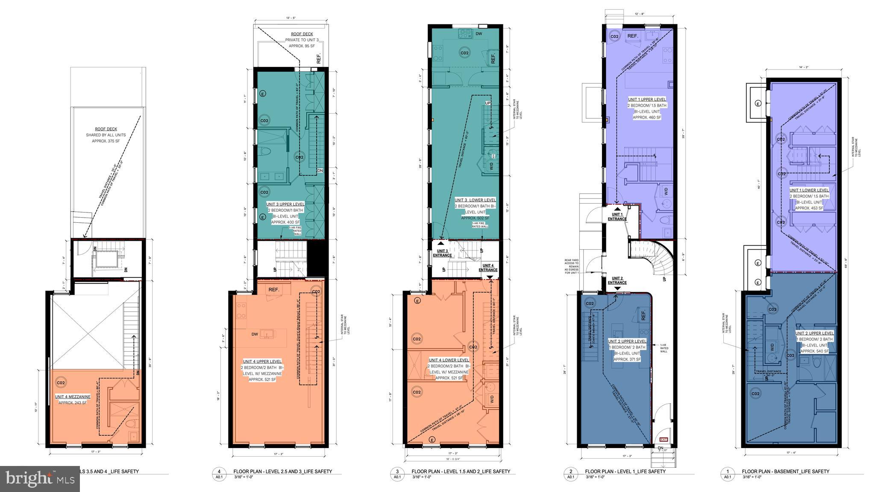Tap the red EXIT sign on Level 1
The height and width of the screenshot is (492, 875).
(x=664, y=439)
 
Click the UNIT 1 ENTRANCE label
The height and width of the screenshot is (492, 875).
(x=617, y=217)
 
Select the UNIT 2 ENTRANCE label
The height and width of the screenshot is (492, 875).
(x=617, y=280)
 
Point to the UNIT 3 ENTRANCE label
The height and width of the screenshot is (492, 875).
(x=442, y=253)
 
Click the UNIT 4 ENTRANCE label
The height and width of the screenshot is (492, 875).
(x=487, y=268)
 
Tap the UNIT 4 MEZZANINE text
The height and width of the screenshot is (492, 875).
(x=73, y=397)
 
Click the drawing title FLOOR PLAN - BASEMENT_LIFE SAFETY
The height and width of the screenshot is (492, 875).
(x=785, y=472)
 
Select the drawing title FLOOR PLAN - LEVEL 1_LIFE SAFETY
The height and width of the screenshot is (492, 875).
(x=625, y=472)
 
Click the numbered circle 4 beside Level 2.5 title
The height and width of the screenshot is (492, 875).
(x=219, y=472)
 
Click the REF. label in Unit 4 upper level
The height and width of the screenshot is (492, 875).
(x=274, y=290)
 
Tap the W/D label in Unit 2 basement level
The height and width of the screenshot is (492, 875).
(x=772, y=346)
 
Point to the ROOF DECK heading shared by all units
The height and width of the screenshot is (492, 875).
(x=106, y=129)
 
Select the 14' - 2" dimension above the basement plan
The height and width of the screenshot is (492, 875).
(x=804, y=67)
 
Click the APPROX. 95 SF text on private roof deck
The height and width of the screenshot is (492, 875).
(x=302, y=45)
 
